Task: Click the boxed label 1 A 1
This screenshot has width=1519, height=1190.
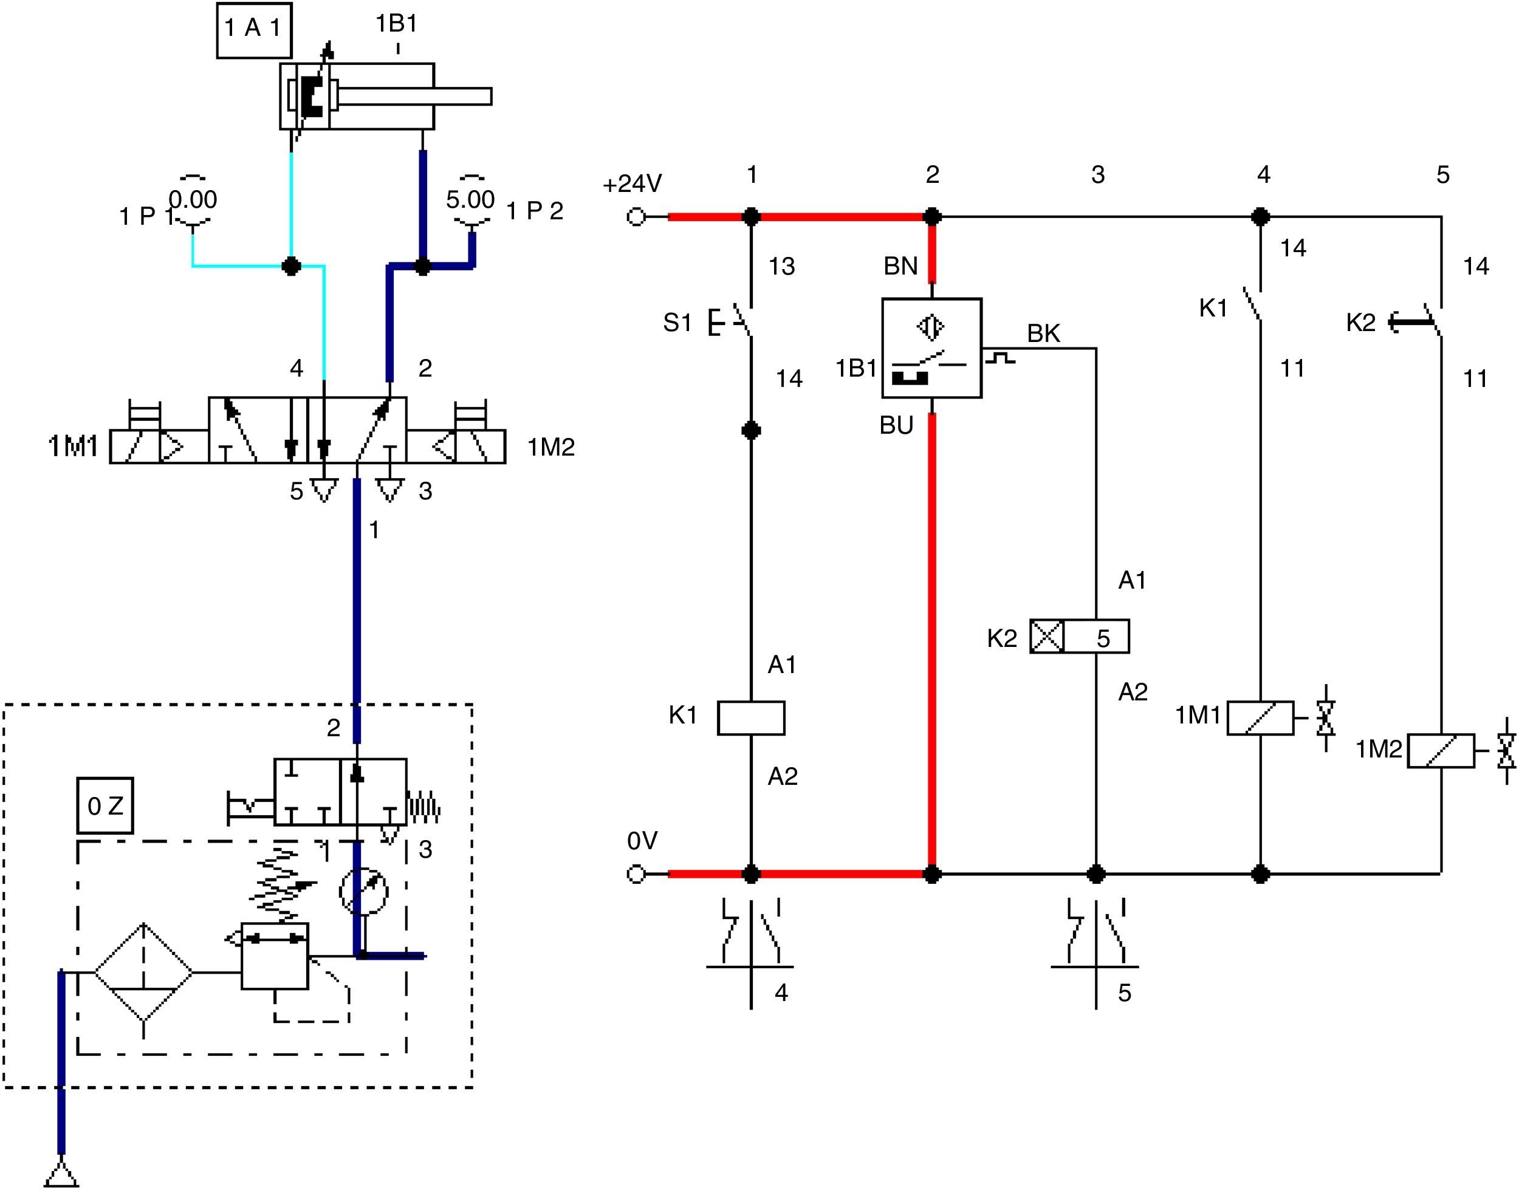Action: point(253,30)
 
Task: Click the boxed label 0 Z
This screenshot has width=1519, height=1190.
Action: point(105,805)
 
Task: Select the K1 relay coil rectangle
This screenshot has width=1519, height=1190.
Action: point(751,717)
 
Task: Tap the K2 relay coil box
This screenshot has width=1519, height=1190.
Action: point(1079,636)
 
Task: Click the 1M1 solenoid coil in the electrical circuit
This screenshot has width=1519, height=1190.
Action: point(1261,717)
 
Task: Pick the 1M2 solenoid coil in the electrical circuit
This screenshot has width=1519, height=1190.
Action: point(1441,750)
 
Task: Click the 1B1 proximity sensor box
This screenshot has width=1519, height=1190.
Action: point(932,348)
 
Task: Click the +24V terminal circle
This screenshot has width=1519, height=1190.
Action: point(636,217)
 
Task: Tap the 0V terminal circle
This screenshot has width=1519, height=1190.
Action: point(636,874)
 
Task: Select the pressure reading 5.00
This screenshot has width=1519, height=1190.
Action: point(470,200)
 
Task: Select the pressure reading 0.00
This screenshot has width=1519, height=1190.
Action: point(193,200)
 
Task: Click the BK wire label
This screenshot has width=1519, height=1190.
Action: point(1043,333)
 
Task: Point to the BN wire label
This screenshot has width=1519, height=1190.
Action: point(900,265)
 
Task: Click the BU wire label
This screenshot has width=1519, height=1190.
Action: point(896,425)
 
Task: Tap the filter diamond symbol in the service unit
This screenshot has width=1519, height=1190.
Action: point(143,972)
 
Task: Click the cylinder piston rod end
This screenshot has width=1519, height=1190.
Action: point(491,96)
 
